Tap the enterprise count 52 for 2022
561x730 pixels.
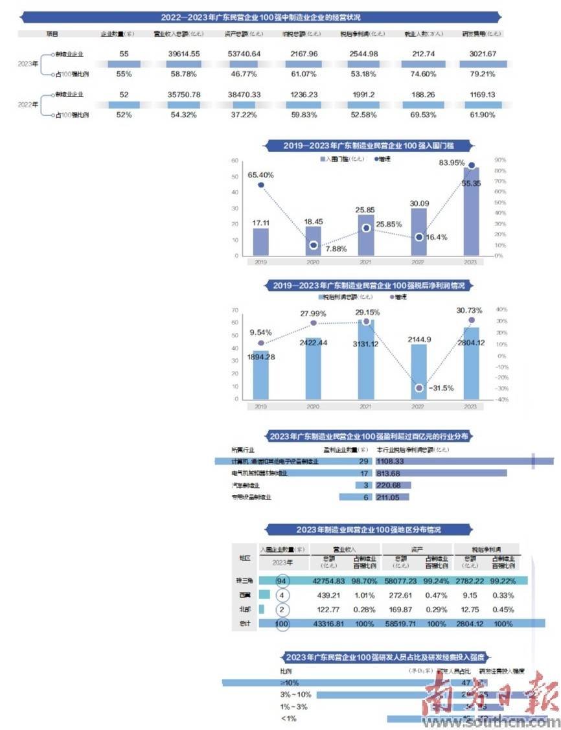click(x=124, y=95)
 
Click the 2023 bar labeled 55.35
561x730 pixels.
click(x=471, y=211)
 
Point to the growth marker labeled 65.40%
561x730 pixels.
click(x=260, y=185)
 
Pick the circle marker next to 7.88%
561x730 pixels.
click(x=314, y=245)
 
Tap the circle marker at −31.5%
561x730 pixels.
click(x=419, y=388)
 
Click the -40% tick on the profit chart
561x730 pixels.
click(x=501, y=400)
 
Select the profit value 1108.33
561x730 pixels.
click(x=390, y=461)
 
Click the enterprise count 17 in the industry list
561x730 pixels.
click(x=364, y=473)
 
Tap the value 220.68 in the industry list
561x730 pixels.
click(x=390, y=485)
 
